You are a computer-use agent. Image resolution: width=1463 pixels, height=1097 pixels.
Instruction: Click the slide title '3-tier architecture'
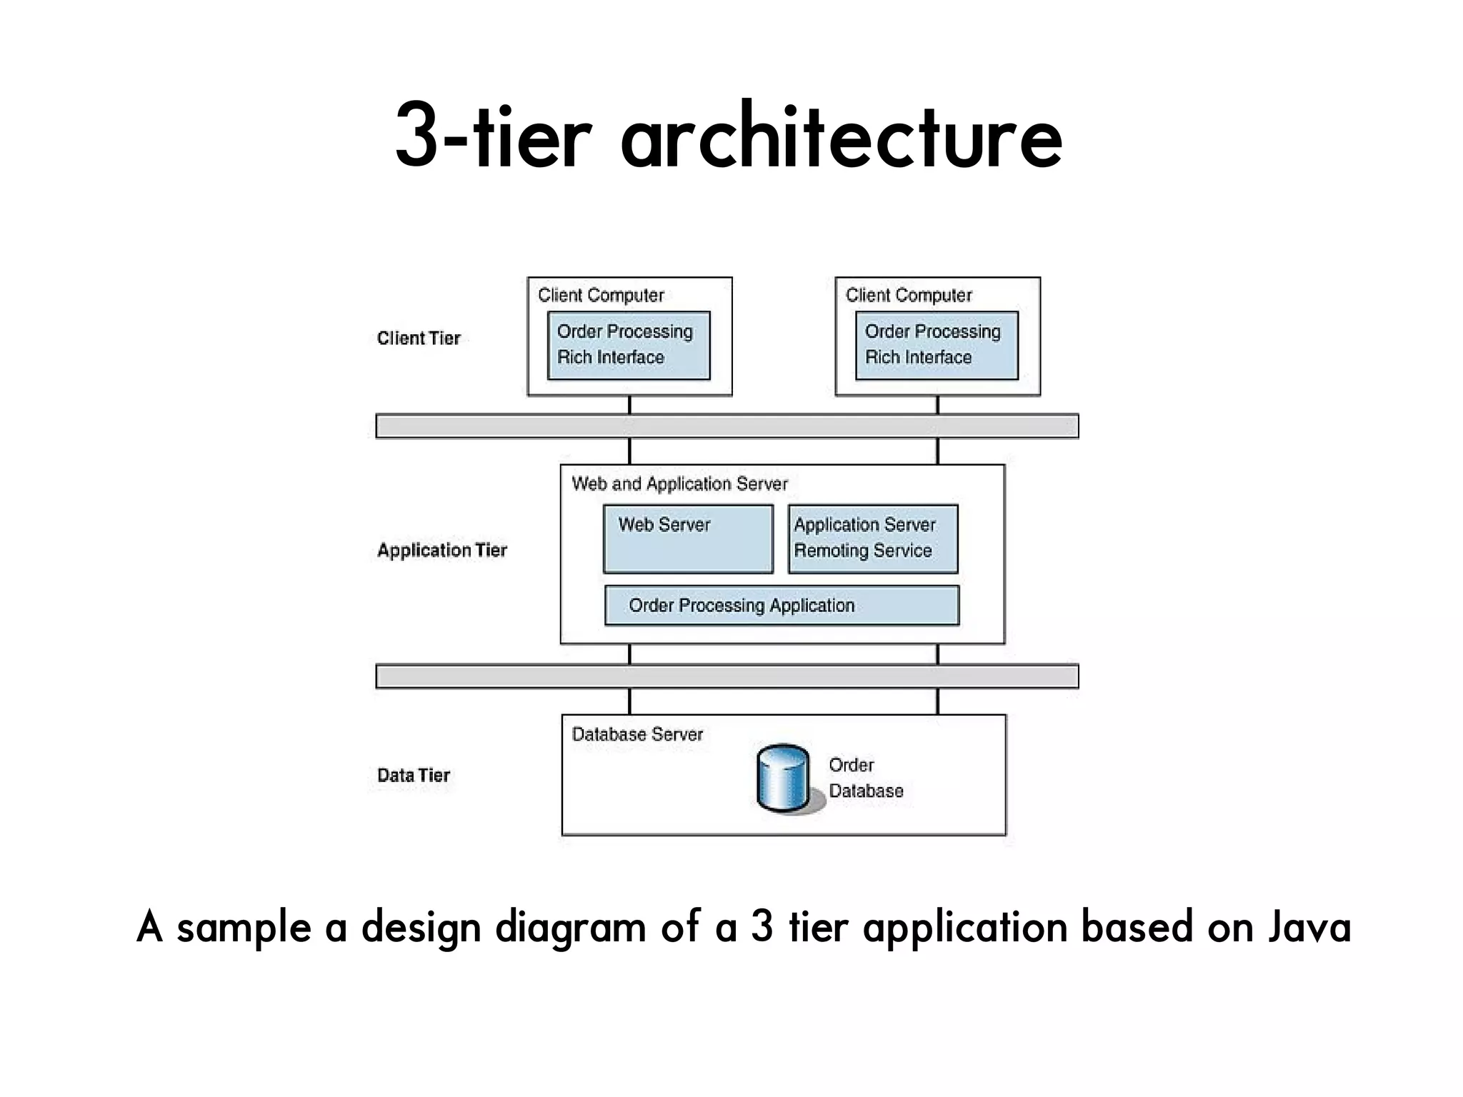tap(729, 136)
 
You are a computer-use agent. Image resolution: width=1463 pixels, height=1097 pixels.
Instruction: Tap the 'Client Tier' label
tap(419, 339)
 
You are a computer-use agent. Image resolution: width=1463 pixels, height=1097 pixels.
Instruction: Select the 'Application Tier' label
tap(441, 551)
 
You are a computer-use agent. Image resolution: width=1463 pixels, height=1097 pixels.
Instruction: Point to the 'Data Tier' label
tap(413, 776)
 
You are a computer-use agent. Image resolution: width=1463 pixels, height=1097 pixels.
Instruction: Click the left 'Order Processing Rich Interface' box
tap(629, 346)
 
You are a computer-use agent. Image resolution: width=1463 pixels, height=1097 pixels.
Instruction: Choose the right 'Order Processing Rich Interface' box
tap(937, 346)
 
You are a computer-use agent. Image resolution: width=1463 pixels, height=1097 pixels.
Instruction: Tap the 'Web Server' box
tap(688, 539)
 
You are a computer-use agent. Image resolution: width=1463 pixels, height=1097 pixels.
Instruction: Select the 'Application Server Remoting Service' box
tap(872, 539)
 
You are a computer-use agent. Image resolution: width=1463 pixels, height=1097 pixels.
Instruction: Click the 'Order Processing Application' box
tap(782, 606)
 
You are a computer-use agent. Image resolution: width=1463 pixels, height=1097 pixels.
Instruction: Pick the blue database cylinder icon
tap(783, 779)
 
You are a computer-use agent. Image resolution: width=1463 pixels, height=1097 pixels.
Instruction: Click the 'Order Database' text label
tap(866, 778)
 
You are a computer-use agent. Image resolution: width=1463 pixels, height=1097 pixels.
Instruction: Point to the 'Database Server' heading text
tap(637, 735)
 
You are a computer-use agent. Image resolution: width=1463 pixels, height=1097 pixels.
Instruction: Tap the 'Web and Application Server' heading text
tap(679, 484)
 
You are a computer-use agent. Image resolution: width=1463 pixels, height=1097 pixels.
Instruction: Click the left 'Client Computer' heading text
tap(601, 296)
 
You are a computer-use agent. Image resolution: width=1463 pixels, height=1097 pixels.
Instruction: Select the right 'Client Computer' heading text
tap(909, 296)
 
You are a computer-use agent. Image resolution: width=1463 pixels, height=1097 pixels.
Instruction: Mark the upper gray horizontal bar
tap(727, 426)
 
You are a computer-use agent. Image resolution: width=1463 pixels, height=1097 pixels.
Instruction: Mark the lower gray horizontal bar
tap(727, 676)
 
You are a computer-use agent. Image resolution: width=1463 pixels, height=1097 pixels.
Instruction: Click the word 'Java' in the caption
tap(1309, 928)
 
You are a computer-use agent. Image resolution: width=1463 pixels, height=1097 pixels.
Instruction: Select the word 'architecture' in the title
tap(842, 137)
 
